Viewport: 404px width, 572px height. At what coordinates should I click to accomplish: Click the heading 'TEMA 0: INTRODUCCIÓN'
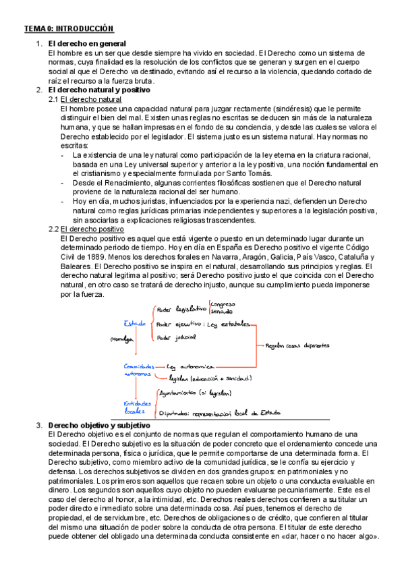pyautogui.click(x=68, y=28)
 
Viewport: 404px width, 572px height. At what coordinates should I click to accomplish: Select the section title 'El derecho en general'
pyautogui.click(x=86, y=44)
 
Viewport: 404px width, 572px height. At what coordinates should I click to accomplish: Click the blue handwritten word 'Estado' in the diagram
pyautogui.click(x=134, y=323)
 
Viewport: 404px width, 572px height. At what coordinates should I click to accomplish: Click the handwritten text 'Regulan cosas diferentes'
pyautogui.click(x=297, y=345)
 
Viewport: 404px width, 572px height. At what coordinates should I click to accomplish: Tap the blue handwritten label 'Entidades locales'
pyautogui.click(x=136, y=406)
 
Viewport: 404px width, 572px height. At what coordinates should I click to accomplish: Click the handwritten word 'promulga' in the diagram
pyautogui.click(x=119, y=339)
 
